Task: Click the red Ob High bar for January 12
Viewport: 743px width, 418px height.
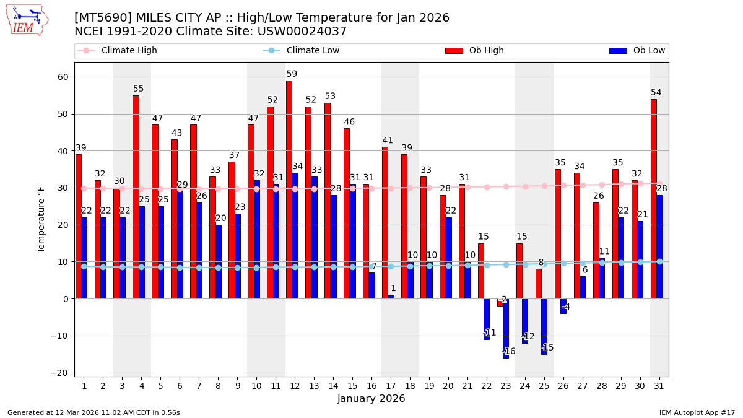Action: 289,189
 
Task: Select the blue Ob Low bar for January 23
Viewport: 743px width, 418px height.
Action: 506,328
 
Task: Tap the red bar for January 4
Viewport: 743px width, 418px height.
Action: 136,197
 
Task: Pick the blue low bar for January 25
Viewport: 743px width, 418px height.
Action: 544,326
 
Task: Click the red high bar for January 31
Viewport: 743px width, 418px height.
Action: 653,199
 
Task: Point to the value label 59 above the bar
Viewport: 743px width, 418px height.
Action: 292,74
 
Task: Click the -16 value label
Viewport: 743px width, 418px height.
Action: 508,351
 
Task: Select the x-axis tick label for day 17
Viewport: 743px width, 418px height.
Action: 391,385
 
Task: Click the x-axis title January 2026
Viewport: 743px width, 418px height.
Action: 371,399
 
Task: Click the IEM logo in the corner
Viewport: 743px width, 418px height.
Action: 27,20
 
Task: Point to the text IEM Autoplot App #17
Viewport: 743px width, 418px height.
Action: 697,412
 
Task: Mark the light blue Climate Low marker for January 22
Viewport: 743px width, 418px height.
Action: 487,265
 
